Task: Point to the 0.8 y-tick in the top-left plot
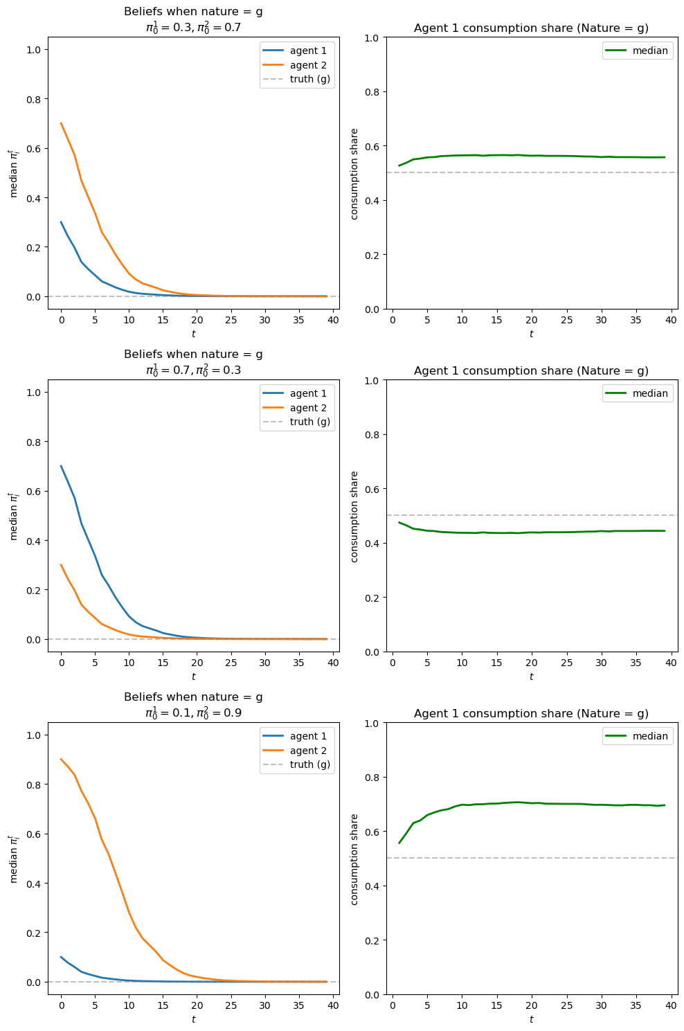point(33,99)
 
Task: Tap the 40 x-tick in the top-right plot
point(670,321)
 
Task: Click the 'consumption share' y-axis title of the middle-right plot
point(354,516)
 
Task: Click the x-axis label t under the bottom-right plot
point(531,1019)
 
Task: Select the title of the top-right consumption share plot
point(531,28)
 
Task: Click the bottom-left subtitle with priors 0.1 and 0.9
point(193,712)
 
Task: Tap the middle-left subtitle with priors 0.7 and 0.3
point(193,370)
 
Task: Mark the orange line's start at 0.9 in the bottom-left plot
point(61,759)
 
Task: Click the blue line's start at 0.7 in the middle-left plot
point(61,466)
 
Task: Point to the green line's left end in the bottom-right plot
point(399,843)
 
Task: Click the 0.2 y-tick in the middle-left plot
point(33,590)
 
